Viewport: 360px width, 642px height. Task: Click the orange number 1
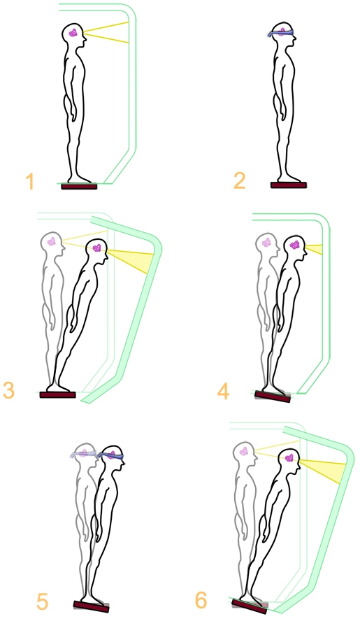[x=29, y=181]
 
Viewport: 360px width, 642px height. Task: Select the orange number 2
[x=239, y=181]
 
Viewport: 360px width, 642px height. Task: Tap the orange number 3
[x=8, y=390]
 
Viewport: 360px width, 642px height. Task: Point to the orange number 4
[x=224, y=391]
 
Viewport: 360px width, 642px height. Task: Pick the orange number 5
[x=42, y=601]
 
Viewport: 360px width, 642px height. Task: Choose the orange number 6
[x=201, y=600]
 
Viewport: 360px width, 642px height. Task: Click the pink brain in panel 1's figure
[x=73, y=33]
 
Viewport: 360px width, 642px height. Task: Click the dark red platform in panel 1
[x=79, y=186]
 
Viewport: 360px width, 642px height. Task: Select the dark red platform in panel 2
[x=289, y=185]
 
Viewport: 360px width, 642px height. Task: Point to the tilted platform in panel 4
[x=273, y=396]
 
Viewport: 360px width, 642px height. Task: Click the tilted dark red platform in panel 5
[x=92, y=606]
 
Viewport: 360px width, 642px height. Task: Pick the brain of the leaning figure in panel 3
[x=97, y=248]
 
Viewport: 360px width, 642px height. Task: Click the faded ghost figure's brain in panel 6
[x=244, y=451]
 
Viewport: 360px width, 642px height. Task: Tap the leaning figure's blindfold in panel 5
[x=110, y=456]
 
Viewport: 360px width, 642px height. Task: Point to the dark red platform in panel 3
[x=58, y=394]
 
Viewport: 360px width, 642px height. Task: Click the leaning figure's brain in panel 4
[x=295, y=245]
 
